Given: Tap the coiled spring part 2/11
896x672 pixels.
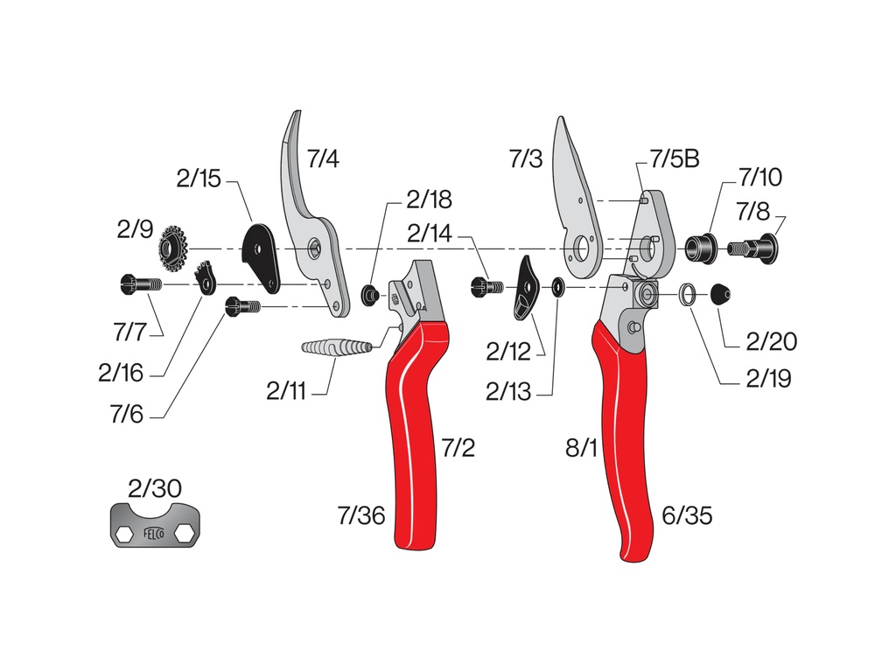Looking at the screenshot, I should [337, 347].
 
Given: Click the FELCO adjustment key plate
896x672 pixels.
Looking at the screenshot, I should [161, 528].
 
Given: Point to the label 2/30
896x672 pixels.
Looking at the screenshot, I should [155, 488].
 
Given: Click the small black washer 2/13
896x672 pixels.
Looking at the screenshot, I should [556, 286].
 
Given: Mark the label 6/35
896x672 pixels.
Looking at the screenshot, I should [687, 515].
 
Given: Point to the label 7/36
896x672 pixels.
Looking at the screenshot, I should [360, 515].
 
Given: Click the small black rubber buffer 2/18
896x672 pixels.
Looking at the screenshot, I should [371, 292].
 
